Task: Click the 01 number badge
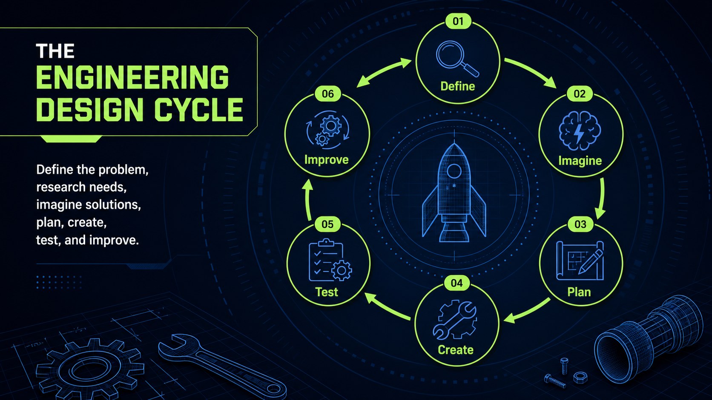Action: [x=458, y=21]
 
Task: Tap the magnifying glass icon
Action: [x=457, y=59]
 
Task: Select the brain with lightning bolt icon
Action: [x=580, y=130]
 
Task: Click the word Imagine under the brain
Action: [x=580, y=161]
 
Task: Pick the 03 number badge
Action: [x=580, y=224]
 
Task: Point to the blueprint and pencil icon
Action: [x=580, y=261]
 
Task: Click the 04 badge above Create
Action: [x=457, y=283]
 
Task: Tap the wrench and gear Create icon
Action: [x=455, y=320]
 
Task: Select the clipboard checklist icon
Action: [x=330, y=260]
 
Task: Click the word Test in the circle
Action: [x=327, y=292]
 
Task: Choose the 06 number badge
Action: [x=328, y=94]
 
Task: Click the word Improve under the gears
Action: [x=327, y=159]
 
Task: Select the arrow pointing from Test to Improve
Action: [x=307, y=199]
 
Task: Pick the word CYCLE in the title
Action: [x=198, y=109]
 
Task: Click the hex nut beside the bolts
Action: [x=580, y=377]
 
